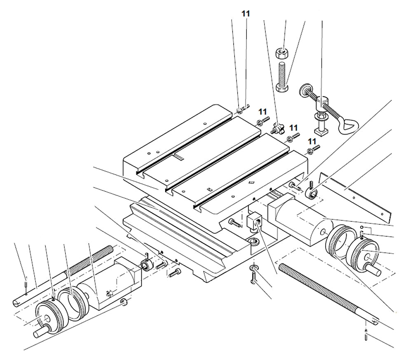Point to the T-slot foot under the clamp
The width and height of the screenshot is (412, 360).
coord(320,130)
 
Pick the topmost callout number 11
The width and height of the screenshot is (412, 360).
coord(246,14)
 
